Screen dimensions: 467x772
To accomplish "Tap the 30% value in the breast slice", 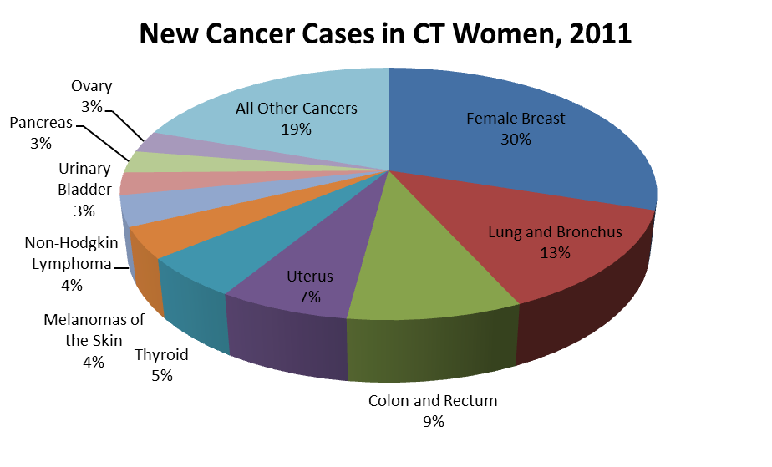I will [x=516, y=140].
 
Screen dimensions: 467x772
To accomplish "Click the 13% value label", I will [x=555, y=253].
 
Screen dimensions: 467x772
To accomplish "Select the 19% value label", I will [x=296, y=129].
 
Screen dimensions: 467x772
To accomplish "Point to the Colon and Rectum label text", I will [x=433, y=401].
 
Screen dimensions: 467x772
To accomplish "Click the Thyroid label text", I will [x=161, y=355].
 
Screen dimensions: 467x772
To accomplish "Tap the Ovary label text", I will [x=91, y=86].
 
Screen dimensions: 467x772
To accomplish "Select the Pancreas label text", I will [x=41, y=123].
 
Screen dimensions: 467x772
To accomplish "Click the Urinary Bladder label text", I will [x=84, y=179].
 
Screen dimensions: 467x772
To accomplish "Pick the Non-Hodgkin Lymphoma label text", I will [x=71, y=254].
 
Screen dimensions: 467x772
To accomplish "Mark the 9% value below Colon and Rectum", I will [x=433, y=422].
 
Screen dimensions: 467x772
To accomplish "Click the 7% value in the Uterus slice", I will [x=309, y=297].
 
